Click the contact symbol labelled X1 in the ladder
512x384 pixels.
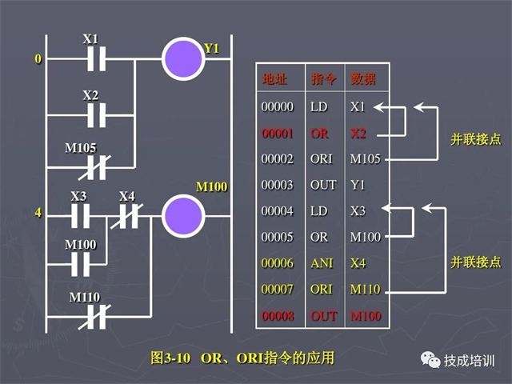click(x=96, y=59)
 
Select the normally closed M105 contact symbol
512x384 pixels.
click(x=94, y=168)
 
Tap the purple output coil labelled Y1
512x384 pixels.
click(x=183, y=58)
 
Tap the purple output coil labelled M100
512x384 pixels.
click(x=183, y=216)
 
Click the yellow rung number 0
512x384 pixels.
click(x=38, y=59)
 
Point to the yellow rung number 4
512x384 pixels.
click(x=38, y=213)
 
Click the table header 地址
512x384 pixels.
click(x=274, y=78)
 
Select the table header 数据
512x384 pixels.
click(x=363, y=78)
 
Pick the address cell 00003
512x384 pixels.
click(x=278, y=185)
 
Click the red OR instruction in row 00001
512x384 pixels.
click(x=319, y=134)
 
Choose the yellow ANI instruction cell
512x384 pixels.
click(x=322, y=263)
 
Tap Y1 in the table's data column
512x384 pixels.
click(x=358, y=185)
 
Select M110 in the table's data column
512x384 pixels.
click(x=366, y=290)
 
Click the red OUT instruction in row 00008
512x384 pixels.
click(x=323, y=316)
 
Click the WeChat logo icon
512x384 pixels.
click(x=430, y=360)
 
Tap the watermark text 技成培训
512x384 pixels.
click(x=469, y=361)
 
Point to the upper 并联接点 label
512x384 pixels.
click(x=475, y=139)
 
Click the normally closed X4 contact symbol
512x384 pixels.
click(x=127, y=216)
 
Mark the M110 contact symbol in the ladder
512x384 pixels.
click(x=94, y=317)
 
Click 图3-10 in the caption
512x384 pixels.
click(x=170, y=358)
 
